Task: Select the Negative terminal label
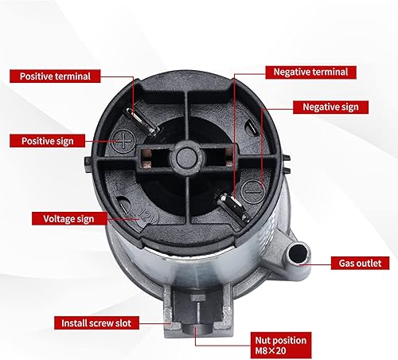310,72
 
